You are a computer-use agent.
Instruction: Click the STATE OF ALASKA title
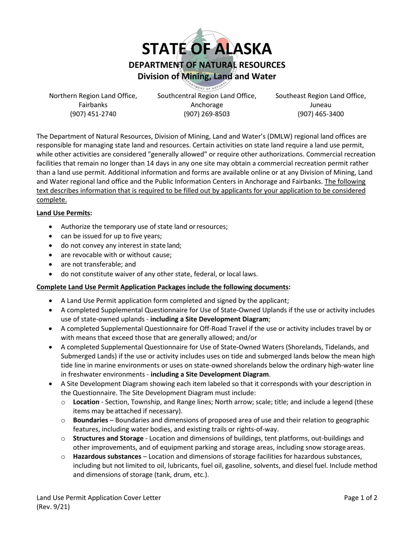pyautogui.click(x=207, y=49)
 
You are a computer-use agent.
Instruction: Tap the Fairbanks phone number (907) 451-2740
pyautogui.click(x=93, y=114)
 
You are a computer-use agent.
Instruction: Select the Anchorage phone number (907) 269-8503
pyautogui.click(x=207, y=114)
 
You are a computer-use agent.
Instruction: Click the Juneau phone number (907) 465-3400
pyautogui.click(x=320, y=114)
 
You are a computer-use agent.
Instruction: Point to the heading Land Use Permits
pyautogui.click(x=64, y=213)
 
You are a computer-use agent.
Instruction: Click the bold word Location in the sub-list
pyautogui.click(x=86, y=402)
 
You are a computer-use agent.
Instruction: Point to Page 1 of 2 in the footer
pyautogui.click(x=360, y=498)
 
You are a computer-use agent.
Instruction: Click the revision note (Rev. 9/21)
pyautogui.click(x=53, y=507)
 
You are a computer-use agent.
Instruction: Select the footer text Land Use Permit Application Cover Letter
pyautogui.click(x=98, y=498)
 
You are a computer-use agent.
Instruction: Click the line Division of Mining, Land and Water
pyautogui.click(x=207, y=77)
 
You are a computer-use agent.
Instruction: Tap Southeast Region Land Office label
pyautogui.click(x=320, y=96)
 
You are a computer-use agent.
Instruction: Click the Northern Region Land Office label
pyautogui.click(x=93, y=96)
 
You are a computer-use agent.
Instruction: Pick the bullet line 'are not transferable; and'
pyautogui.click(x=98, y=265)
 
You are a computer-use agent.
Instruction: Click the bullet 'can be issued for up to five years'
pyautogui.click(x=111, y=236)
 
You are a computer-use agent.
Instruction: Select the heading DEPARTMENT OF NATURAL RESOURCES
pyautogui.click(x=207, y=65)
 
